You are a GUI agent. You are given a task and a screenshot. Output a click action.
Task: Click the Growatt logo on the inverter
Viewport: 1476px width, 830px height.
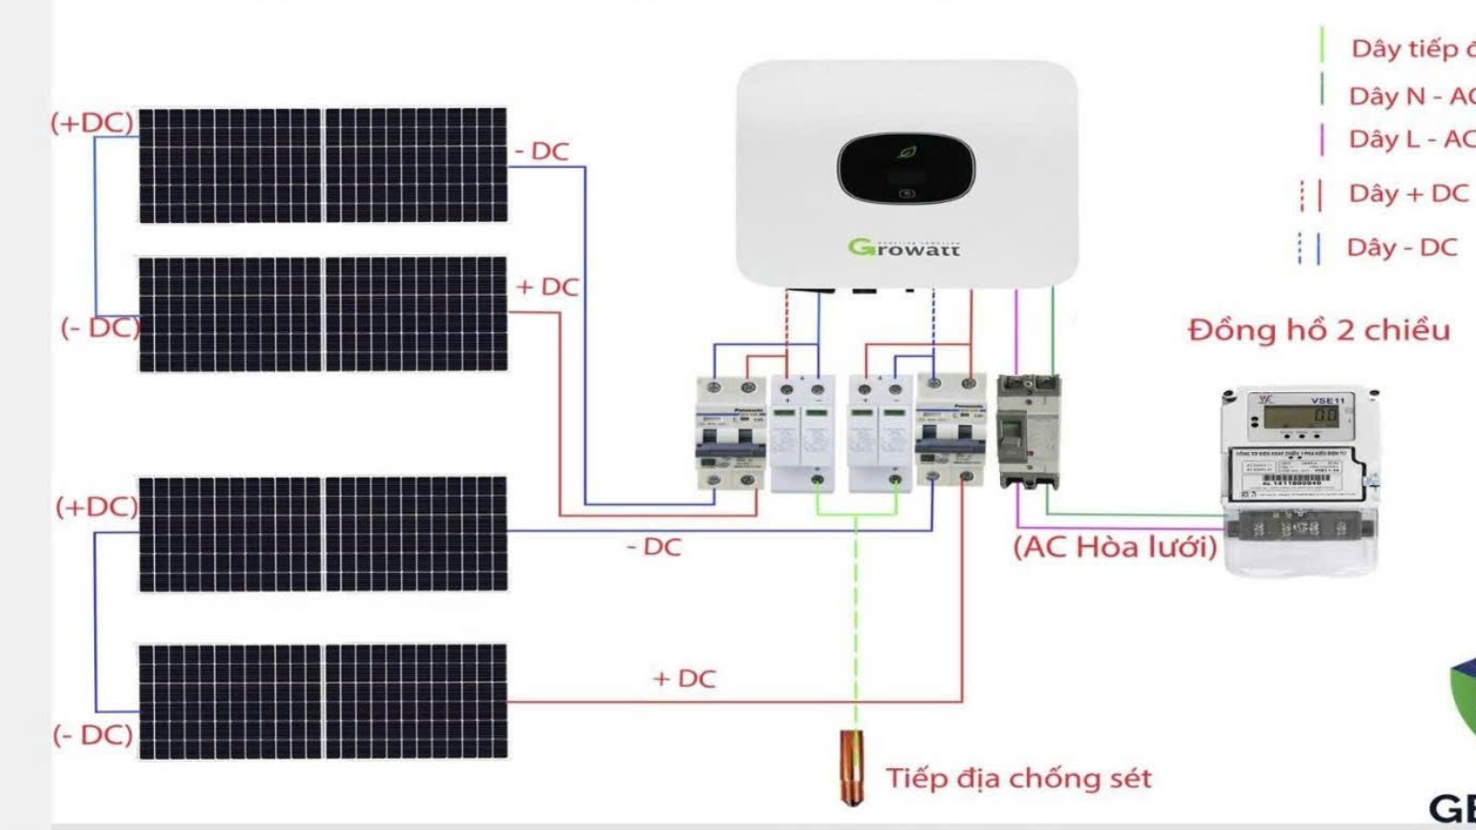click(x=904, y=247)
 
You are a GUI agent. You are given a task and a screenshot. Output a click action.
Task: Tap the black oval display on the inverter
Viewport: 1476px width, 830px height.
click(x=905, y=168)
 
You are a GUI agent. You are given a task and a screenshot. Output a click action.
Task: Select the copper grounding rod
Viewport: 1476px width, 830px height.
click(x=852, y=765)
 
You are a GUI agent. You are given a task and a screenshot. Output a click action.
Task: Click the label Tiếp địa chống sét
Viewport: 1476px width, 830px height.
click(x=1018, y=778)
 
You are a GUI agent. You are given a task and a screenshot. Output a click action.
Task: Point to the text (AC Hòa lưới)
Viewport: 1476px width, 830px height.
click(x=1114, y=547)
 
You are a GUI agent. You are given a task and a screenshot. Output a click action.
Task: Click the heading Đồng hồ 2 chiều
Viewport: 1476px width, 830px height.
click(x=1318, y=330)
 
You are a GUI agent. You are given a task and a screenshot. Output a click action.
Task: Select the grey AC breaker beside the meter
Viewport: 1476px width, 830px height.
click(x=1029, y=432)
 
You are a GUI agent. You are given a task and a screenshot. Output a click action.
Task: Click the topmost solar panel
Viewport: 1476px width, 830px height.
click(x=323, y=166)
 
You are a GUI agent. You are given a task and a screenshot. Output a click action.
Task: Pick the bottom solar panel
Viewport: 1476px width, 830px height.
click(x=323, y=702)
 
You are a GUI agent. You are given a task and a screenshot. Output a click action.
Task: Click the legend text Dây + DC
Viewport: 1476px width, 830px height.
click(x=1408, y=194)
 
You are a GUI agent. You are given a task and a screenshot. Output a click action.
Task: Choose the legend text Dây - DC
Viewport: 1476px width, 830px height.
click(x=1401, y=247)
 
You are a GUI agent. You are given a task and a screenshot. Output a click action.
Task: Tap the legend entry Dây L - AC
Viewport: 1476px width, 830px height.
click(x=1411, y=139)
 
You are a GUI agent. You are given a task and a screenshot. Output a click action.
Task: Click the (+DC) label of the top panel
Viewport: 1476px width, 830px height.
click(x=92, y=123)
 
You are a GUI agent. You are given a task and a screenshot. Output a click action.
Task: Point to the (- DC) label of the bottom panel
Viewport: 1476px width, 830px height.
click(x=93, y=735)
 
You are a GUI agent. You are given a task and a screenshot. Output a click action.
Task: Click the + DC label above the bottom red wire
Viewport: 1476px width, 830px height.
click(x=684, y=679)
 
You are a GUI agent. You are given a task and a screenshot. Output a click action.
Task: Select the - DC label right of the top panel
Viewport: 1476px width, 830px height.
click(x=542, y=151)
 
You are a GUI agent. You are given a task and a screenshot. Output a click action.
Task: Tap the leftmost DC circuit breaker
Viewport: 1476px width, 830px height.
click(x=731, y=432)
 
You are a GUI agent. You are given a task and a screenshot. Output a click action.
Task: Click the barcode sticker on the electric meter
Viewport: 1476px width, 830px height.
click(x=1295, y=481)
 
